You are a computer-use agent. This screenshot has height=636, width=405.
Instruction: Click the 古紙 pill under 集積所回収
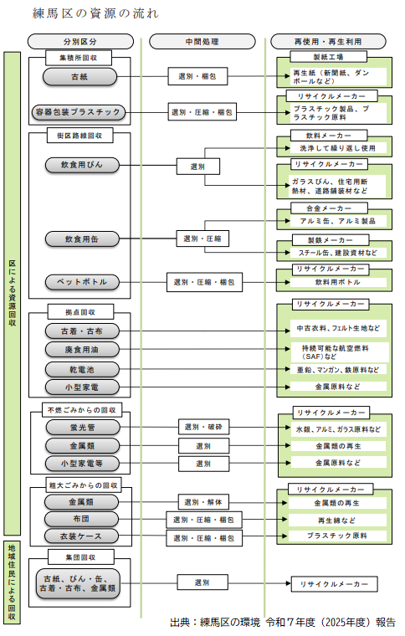[x=79, y=77]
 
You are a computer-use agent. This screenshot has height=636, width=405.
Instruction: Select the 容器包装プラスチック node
[x=79, y=112]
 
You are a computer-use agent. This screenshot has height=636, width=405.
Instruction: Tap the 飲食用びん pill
[x=82, y=165]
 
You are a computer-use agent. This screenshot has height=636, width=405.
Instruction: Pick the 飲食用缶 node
[x=82, y=239]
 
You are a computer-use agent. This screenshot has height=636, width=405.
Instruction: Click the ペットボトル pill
[x=82, y=282]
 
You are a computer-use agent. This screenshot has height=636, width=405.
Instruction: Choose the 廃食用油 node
[x=82, y=350]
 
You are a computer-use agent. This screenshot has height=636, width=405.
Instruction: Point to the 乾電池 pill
[x=82, y=370]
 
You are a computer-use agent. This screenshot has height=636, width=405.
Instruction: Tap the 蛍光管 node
[x=83, y=428]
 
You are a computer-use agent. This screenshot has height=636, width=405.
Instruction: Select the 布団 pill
[x=81, y=519]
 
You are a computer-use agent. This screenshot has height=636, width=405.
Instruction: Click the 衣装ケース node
[x=81, y=536]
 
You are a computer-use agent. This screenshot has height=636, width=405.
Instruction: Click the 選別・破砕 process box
[x=204, y=427]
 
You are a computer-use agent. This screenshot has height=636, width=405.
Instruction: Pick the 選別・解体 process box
[x=203, y=502]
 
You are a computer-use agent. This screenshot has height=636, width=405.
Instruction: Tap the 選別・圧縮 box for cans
[x=202, y=238]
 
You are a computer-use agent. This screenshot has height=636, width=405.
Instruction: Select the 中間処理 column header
[x=202, y=41]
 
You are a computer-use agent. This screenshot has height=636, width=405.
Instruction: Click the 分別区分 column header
[x=80, y=41]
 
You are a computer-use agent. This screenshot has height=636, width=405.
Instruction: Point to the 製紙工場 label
[x=328, y=57]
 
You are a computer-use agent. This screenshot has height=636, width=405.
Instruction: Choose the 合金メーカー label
[x=329, y=208]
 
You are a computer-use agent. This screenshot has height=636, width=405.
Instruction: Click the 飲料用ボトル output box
[x=338, y=282]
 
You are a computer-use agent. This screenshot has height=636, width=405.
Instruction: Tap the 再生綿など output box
[x=337, y=520]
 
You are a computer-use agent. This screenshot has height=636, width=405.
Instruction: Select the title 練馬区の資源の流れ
[x=95, y=13]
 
